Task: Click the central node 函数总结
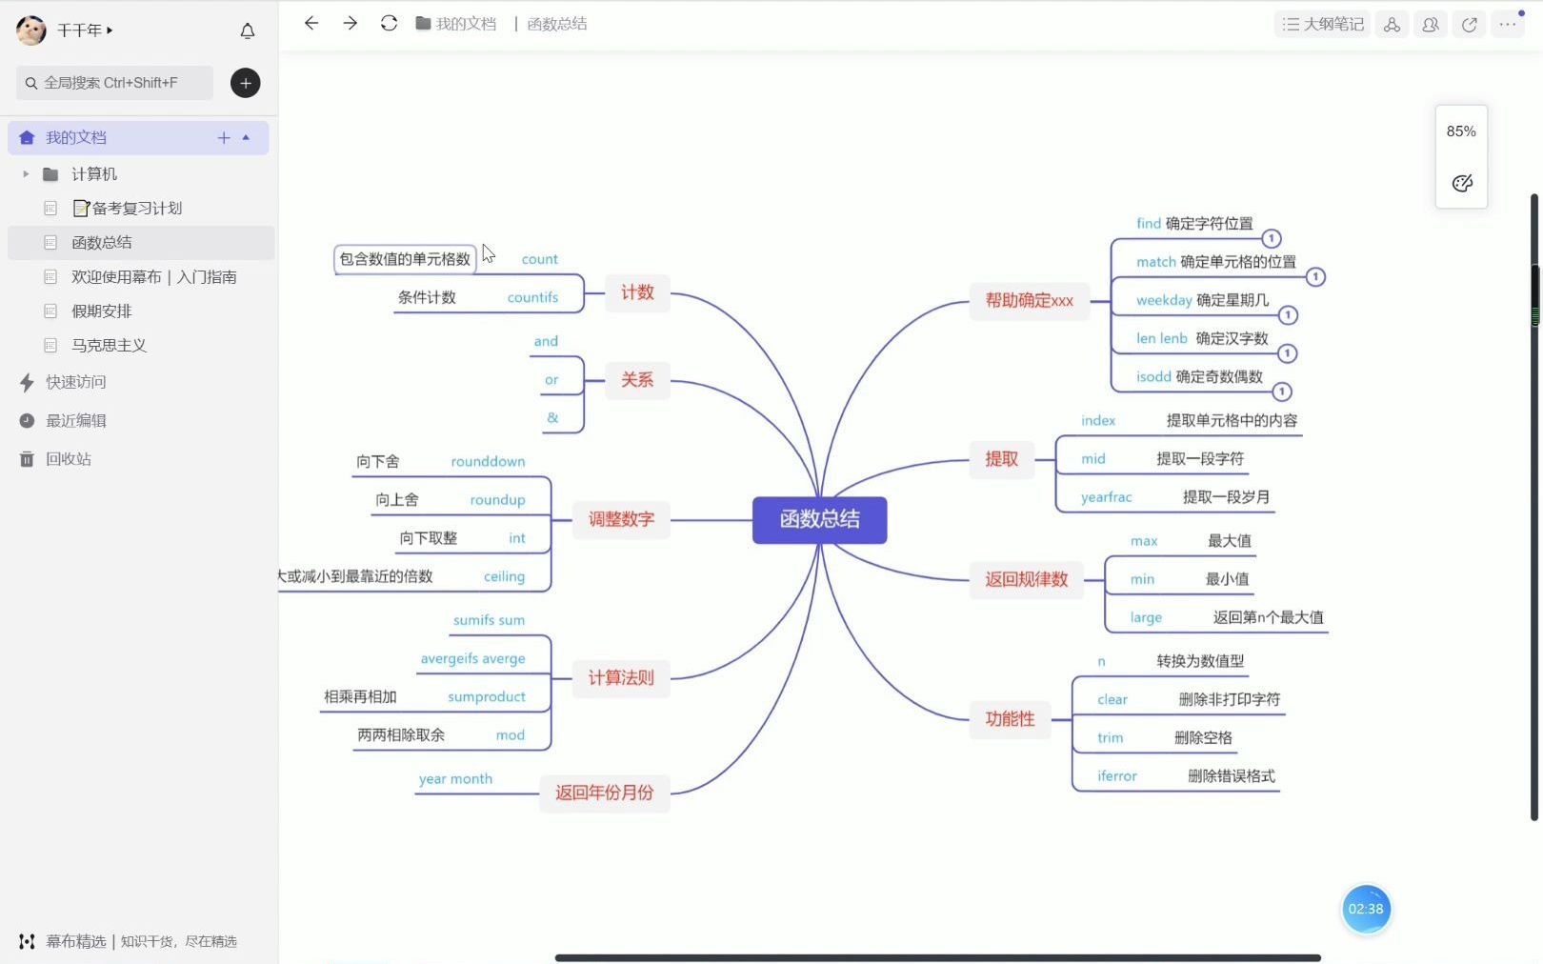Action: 819,519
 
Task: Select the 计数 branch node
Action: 637,292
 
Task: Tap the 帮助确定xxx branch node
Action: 1029,301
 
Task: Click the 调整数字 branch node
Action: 621,519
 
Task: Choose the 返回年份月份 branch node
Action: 604,793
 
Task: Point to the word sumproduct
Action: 486,697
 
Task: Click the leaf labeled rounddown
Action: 488,462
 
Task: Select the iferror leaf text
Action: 1116,776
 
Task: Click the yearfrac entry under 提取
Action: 1106,497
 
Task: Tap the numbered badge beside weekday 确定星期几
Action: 1287,315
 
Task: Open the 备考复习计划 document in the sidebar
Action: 136,209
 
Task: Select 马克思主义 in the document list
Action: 109,346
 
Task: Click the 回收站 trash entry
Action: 68,459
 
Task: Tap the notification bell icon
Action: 248,31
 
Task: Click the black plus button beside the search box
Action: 246,83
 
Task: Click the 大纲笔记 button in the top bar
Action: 1322,25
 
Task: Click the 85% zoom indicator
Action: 1461,131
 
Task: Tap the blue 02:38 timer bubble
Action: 1365,909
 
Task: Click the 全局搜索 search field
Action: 114,83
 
